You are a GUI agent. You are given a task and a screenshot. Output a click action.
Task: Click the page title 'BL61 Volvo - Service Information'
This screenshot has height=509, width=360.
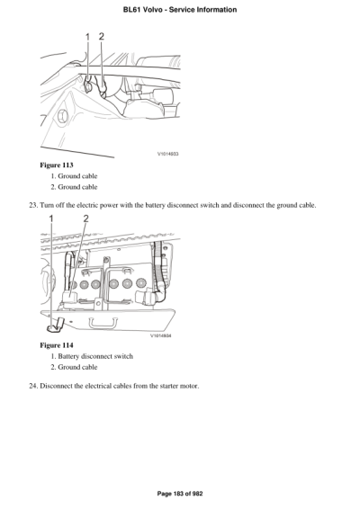tap(180, 10)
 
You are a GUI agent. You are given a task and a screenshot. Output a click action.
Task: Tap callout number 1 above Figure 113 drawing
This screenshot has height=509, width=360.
tap(88, 37)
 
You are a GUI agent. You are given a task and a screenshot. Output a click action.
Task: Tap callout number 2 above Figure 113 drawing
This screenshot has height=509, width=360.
tap(102, 37)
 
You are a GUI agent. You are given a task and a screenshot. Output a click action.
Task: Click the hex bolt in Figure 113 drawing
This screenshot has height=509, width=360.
tap(61, 118)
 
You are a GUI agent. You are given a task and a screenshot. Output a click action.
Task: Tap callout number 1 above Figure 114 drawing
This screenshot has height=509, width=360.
tap(50, 219)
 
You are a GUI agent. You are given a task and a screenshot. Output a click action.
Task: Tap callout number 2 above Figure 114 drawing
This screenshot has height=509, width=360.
tap(85, 219)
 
